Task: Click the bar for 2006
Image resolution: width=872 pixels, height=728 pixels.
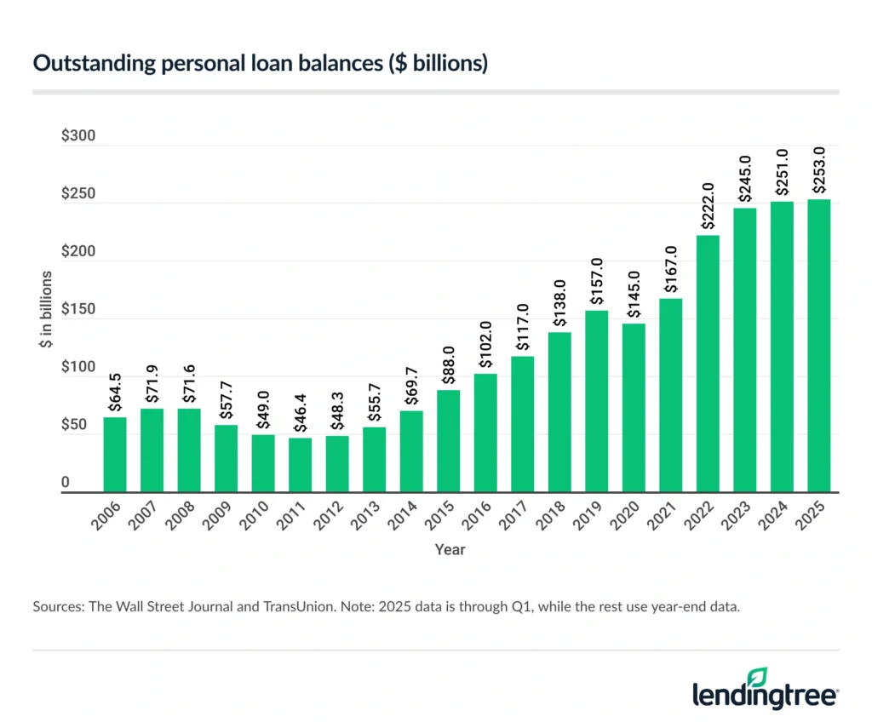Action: click(x=115, y=455)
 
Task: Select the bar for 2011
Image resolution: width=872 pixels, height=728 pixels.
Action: click(x=300, y=465)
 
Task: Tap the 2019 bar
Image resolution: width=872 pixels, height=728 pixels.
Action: click(x=596, y=401)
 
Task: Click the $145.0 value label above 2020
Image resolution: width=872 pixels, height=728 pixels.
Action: click(x=633, y=294)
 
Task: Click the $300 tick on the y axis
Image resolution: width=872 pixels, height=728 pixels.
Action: click(x=78, y=136)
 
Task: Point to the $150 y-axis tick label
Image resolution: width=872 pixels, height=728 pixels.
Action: click(x=78, y=310)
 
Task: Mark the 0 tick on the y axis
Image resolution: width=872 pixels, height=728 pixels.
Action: click(x=65, y=484)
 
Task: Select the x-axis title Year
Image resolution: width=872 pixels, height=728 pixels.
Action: click(x=450, y=550)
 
